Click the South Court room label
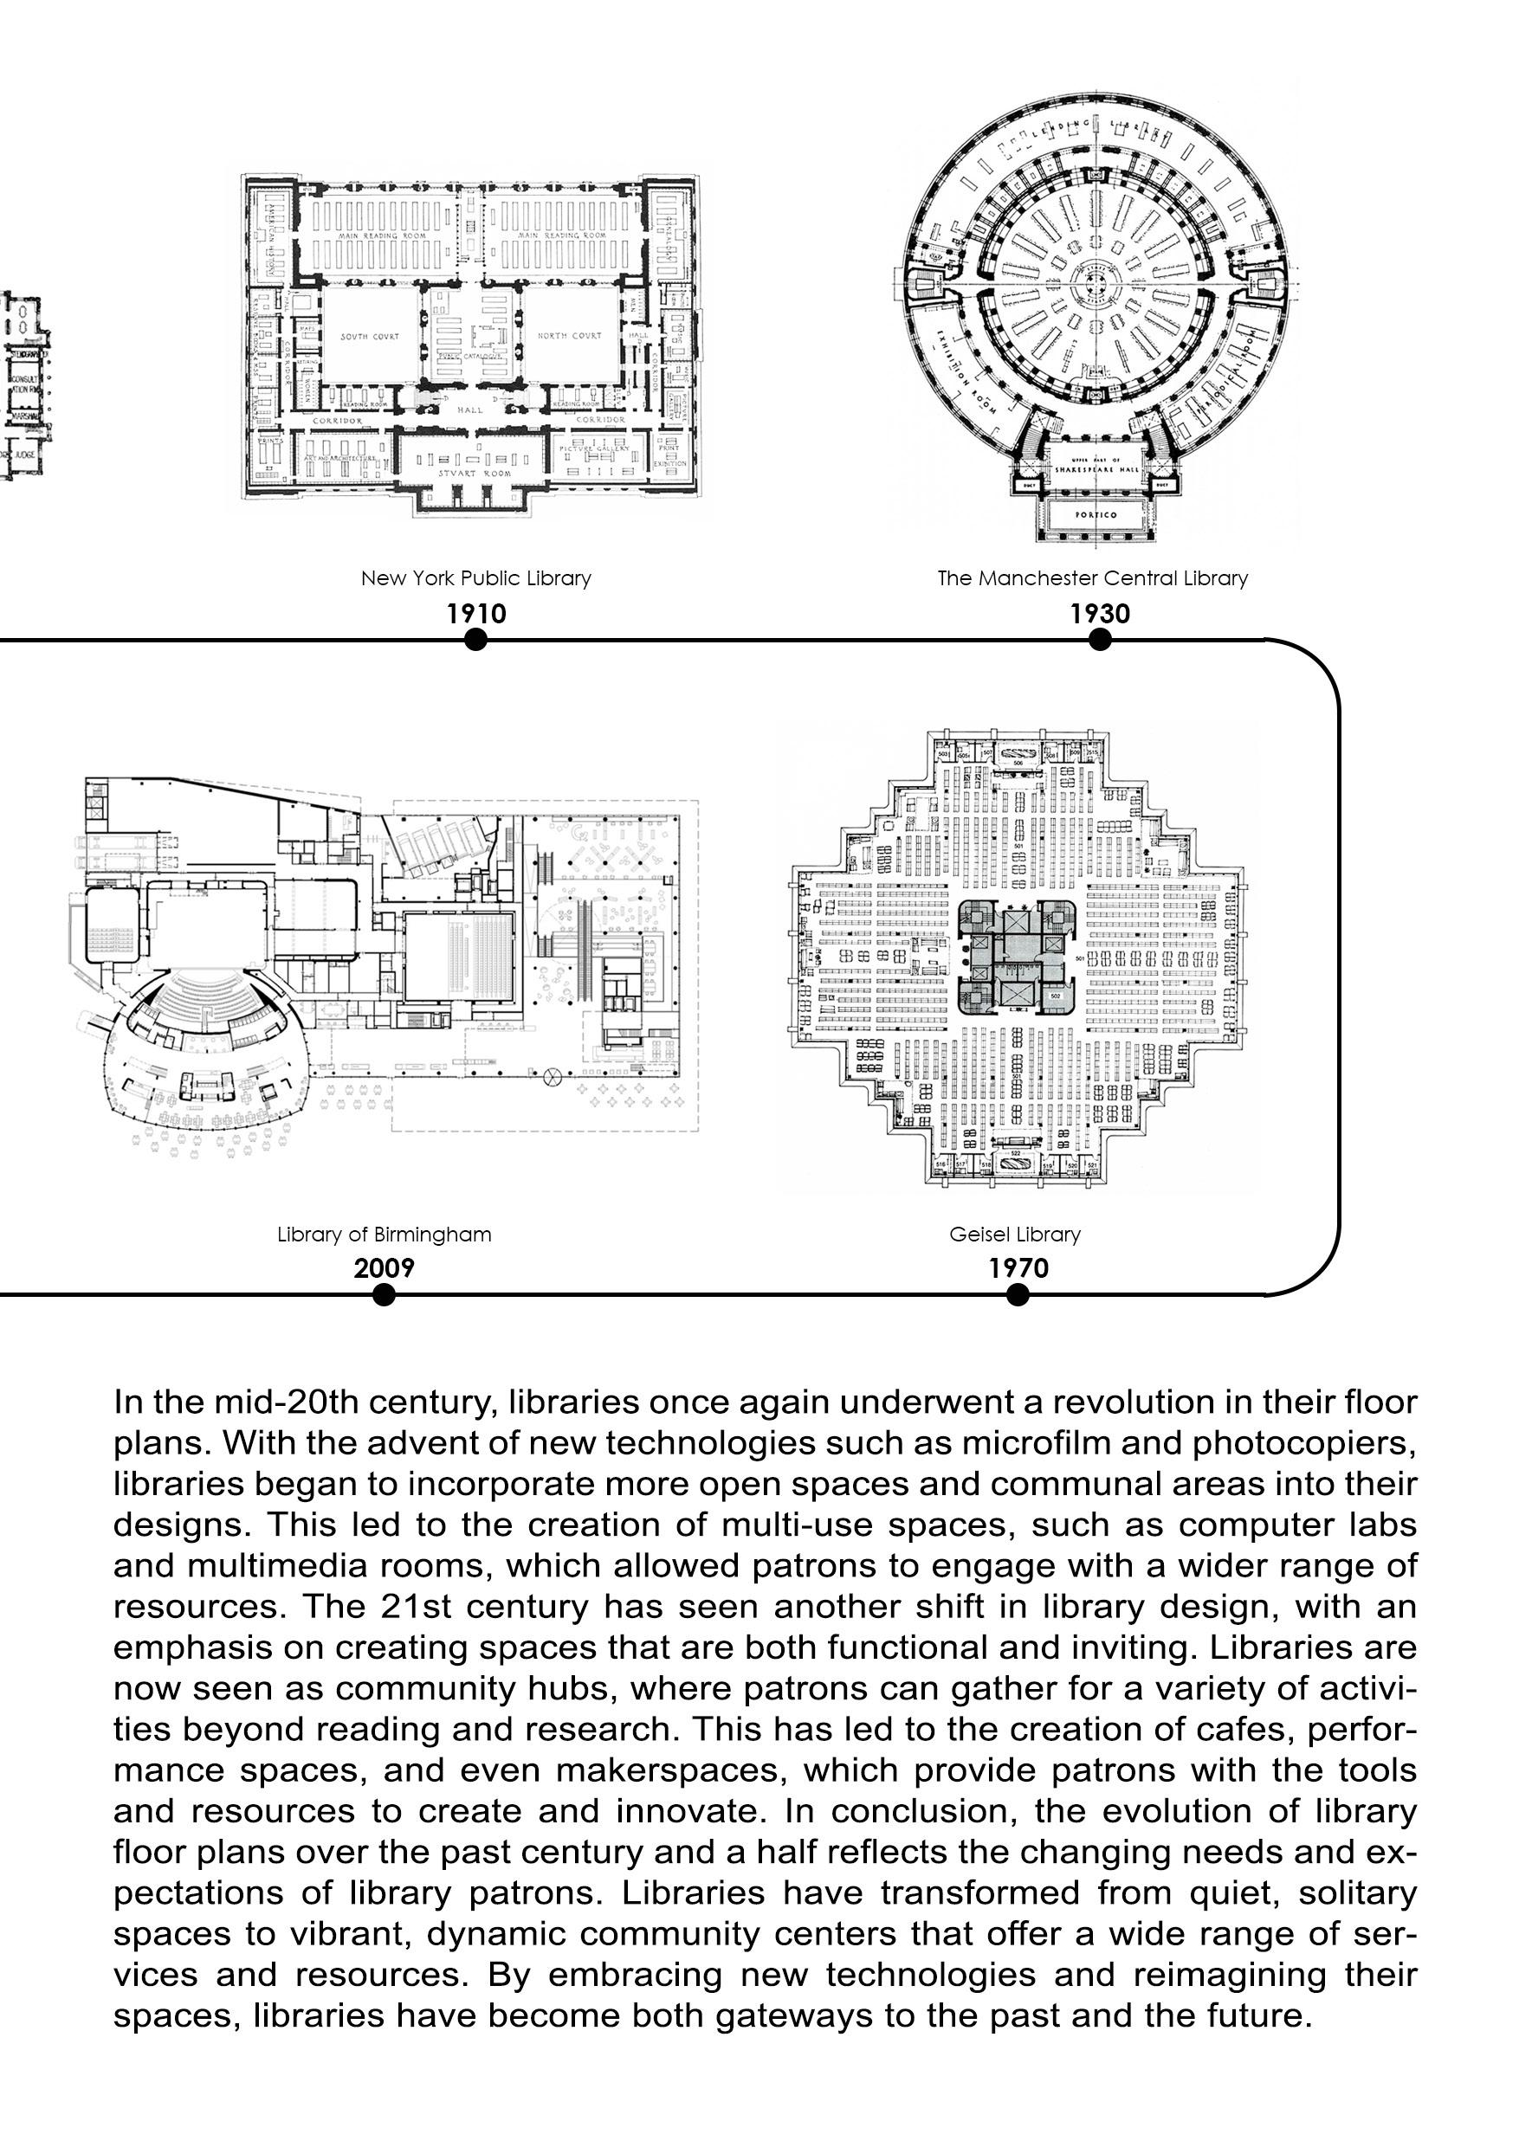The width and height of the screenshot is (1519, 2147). point(370,337)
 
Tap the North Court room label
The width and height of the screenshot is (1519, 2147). point(570,336)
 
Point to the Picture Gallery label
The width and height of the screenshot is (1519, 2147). point(595,448)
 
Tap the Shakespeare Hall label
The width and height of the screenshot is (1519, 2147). point(1097,467)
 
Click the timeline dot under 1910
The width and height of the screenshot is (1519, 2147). point(475,640)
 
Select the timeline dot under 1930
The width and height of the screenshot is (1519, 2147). point(1100,640)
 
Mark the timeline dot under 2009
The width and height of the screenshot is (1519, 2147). point(384,1294)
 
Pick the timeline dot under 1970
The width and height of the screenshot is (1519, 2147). point(1018,1294)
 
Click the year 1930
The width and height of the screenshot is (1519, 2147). point(1100,614)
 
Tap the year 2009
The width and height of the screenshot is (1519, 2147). point(384,1268)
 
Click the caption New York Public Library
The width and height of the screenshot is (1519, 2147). point(476,578)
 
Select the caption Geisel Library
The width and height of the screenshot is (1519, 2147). point(1015,1234)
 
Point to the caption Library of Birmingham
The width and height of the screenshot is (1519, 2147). point(384,1234)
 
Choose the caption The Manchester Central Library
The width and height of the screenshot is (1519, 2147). point(1092,578)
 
